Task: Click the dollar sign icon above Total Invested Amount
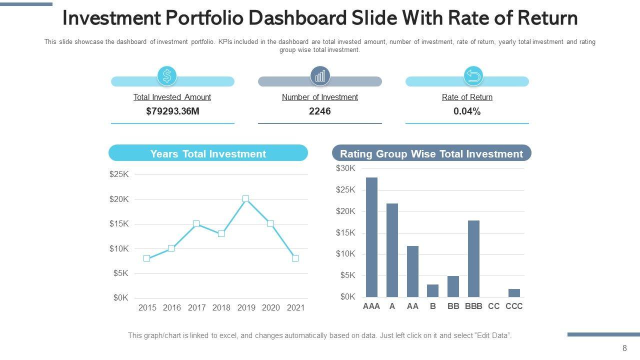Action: (x=167, y=76)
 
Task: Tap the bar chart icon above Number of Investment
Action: (x=320, y=76)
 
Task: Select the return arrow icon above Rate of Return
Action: (x=473, y=76)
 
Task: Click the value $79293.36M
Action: (x=172, y=111)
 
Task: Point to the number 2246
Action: (x=320, y=111)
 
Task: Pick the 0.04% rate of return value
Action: (x=467, y=111)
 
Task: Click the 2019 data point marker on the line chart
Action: (x=245, y=199)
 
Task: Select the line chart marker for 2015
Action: (x=146, y=258)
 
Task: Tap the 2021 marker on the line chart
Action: (x=295, y=258)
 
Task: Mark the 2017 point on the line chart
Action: (x=196, y=224)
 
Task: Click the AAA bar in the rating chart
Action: (x=371, y=237)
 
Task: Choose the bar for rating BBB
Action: (x=473, y=258)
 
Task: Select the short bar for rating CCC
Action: (x=514, y=293)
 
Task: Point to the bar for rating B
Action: (x=432, y=290)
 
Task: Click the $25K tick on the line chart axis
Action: (x=119, y=174)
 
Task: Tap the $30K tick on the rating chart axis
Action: (x=345, y=168)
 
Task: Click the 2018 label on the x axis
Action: (x=221, y=308)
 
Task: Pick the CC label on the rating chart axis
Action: (x=493, y=306)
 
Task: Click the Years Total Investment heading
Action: (x=208, y=154)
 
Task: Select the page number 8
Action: (x=624, y=348)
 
